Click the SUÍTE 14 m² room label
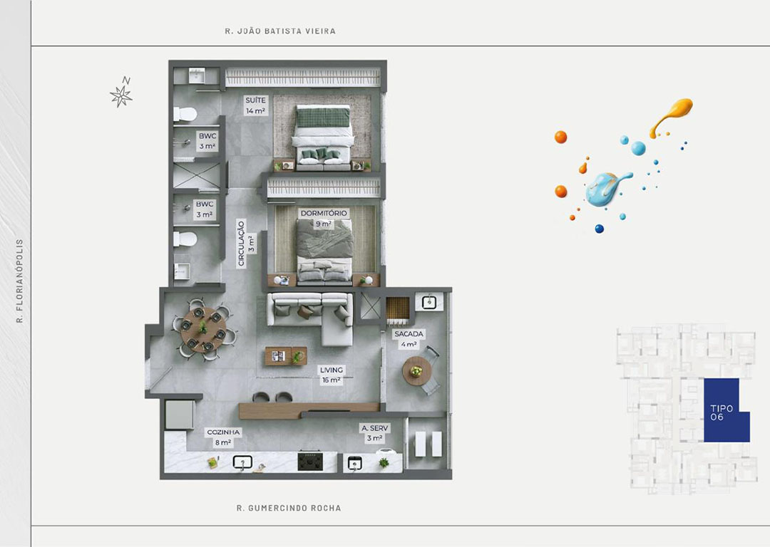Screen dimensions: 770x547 pyautogui.click(x=255, y=105)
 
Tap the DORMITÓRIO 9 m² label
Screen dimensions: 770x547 pyautogui.click(x=324, y=219)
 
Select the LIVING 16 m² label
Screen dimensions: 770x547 pyautogui.click(x=332, y=375)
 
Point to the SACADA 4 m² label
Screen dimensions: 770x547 pyautogui.click(x=409, y=338)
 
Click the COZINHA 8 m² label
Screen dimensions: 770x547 pyautogui.click(x=223, y=437)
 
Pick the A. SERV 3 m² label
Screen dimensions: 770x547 pyautogui.click(x=375, y=433)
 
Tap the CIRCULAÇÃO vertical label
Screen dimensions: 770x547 pyautogui.click(x=241, y=244)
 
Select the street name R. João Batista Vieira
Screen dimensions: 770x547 pyautogui.click(x=280, y=31)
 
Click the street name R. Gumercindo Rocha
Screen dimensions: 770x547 pyautogui.click(x=289, y=509)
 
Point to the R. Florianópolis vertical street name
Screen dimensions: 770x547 pyautogui.click(x=20, y=281)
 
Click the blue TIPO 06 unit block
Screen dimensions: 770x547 pyautogui.click(x=727, y=410)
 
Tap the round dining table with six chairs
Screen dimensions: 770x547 pyautogui.click(x=203, y=330)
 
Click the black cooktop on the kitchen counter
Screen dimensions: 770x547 pyautogui.click(x=310, y=461)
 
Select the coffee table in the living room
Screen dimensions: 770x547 pyautogui.click(x=286, y=356)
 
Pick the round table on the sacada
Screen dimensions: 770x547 pyautogui.click(x=417, y=371)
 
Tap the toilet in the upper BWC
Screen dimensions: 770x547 pyautogui.click(x=185, y=114)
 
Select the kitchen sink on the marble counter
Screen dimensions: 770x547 pyautogui.click(x=242, y=462)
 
